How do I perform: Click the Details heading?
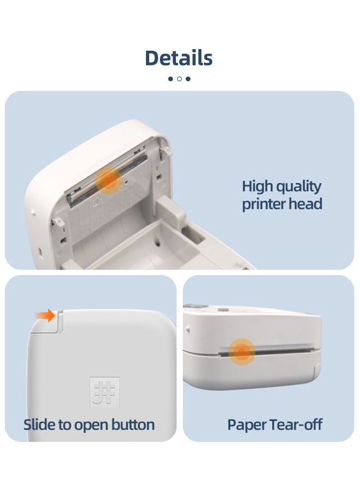click(179, 57)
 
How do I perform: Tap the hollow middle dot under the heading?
click(179, 79)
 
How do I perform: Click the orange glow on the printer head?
click(109, 180)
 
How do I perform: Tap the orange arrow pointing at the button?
click(45, 315)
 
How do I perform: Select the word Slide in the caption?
click(40, 424)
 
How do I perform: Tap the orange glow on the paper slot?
click(242, 351)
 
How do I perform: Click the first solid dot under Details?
click(170, 79)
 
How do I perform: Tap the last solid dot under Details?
click(188, 79)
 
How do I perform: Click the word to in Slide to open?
click(65, 424)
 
